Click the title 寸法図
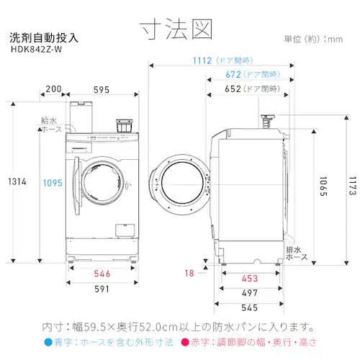click(176, 30)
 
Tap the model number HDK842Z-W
click(37, 50)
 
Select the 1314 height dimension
click(17, 181)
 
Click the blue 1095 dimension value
click(53, 183)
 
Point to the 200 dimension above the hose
click(53, 89)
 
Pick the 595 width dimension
click(102, 90)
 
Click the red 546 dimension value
click(102, 274)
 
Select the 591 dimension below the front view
click(102, 289)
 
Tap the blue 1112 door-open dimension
click(202, 60)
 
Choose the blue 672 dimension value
click(233, 75)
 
